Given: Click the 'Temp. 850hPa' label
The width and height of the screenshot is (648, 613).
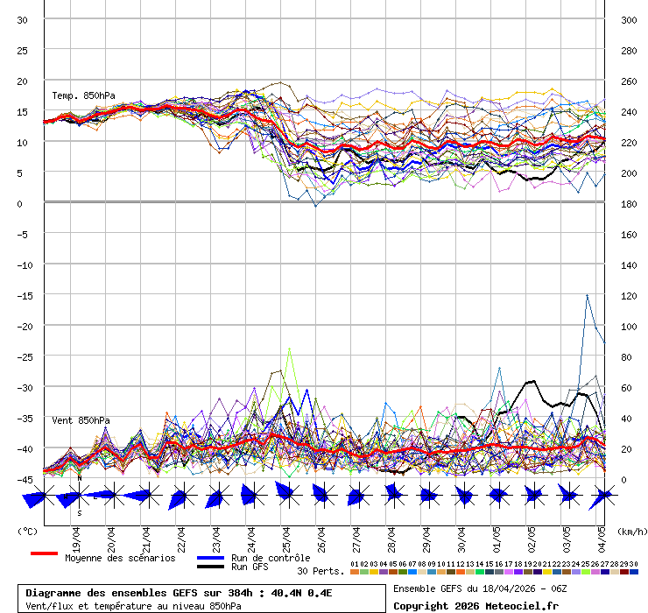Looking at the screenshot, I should coord(83,95).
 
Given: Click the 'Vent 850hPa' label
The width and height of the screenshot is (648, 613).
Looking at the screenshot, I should coord(81,420).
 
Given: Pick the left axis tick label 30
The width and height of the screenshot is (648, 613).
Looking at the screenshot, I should coord(23,20).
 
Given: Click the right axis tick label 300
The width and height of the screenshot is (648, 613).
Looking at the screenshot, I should coord(628,20).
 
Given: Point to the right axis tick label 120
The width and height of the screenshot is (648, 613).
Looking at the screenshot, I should coord(628,295).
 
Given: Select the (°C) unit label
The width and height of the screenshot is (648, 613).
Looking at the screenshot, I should coord(27,531).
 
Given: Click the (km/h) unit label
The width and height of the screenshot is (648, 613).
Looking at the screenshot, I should coord(630,531).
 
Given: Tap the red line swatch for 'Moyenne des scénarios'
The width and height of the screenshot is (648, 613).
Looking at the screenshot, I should coord(44,553).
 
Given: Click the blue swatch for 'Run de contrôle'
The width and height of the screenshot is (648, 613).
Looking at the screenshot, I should coord(210,558).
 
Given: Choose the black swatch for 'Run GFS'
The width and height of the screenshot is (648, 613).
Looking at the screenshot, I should coord(210,567).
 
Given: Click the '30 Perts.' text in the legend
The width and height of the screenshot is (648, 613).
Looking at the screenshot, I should coord(320,571).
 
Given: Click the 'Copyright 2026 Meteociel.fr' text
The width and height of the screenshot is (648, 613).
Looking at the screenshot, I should coord(475,605).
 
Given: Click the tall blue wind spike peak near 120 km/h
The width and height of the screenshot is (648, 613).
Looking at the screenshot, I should coord(587,295).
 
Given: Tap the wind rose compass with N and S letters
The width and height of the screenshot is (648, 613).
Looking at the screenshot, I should coord(79,496).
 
